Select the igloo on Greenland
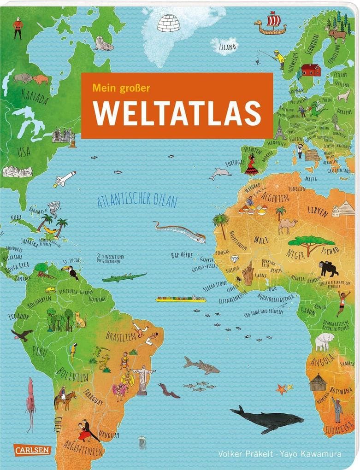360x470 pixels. pos(168,23)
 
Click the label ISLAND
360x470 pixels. pos(227,47)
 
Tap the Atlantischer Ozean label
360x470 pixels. pos(137,200)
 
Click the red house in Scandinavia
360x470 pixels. pos(311,70)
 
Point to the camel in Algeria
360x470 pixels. pos(287,225)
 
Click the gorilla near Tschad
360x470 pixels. pos(328,268)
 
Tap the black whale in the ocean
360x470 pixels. pos(267,418)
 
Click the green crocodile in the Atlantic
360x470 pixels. pos(124,277)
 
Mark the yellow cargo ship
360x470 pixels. pos(181,299)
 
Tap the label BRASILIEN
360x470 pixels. pos(121,336)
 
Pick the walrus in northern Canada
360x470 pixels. pos(104,45)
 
